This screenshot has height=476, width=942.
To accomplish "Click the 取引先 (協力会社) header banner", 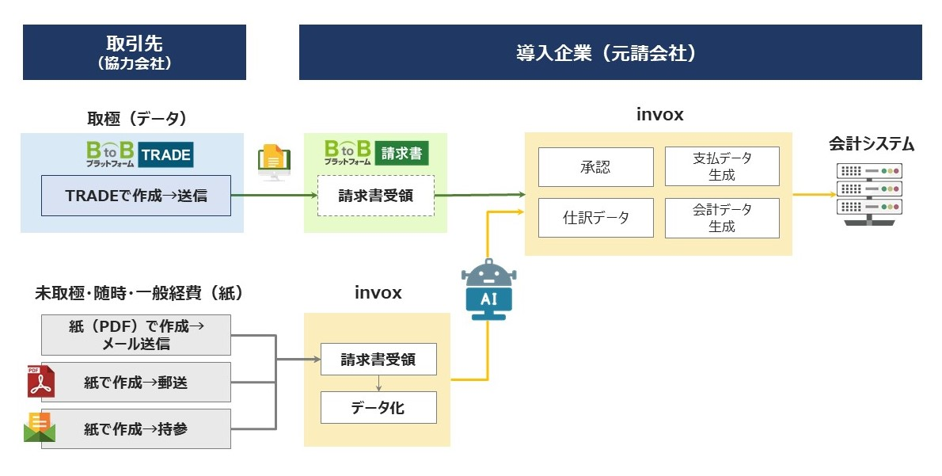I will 134,52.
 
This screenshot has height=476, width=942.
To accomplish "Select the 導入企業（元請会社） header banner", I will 610,52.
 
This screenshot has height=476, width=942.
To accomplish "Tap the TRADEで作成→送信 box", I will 136,196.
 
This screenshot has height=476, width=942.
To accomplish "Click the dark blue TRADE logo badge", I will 165,154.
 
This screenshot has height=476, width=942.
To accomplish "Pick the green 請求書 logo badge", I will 402,153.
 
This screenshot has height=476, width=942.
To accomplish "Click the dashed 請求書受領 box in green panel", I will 375,195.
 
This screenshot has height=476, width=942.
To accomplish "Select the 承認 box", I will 595,167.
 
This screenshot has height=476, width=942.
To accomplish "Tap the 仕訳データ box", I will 595,218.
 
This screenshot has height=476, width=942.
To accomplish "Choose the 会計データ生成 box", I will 722,218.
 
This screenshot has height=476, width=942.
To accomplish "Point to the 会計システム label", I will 872,144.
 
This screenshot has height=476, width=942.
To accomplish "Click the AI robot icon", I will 488,289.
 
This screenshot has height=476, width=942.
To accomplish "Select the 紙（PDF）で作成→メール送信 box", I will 136,335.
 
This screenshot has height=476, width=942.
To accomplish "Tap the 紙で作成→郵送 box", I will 136,383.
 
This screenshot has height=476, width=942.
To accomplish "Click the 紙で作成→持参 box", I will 136,429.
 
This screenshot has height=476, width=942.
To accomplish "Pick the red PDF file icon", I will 40,382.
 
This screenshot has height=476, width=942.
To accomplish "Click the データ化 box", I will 378,408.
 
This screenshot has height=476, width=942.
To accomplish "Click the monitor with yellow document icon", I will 272,162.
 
